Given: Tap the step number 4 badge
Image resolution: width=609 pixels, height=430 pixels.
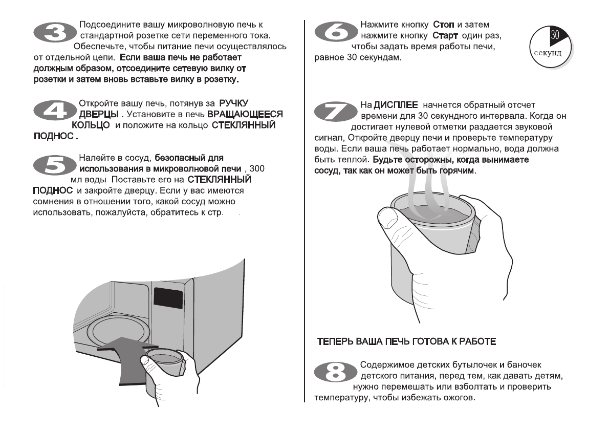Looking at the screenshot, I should (x=54, y=110).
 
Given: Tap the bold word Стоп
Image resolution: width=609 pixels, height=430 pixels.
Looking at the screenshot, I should (x=444, y=25).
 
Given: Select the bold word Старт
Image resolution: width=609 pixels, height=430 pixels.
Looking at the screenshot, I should (x=446, y=36).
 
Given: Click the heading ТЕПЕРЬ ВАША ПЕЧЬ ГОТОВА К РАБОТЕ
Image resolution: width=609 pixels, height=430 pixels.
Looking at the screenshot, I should (x=406, y=341).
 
